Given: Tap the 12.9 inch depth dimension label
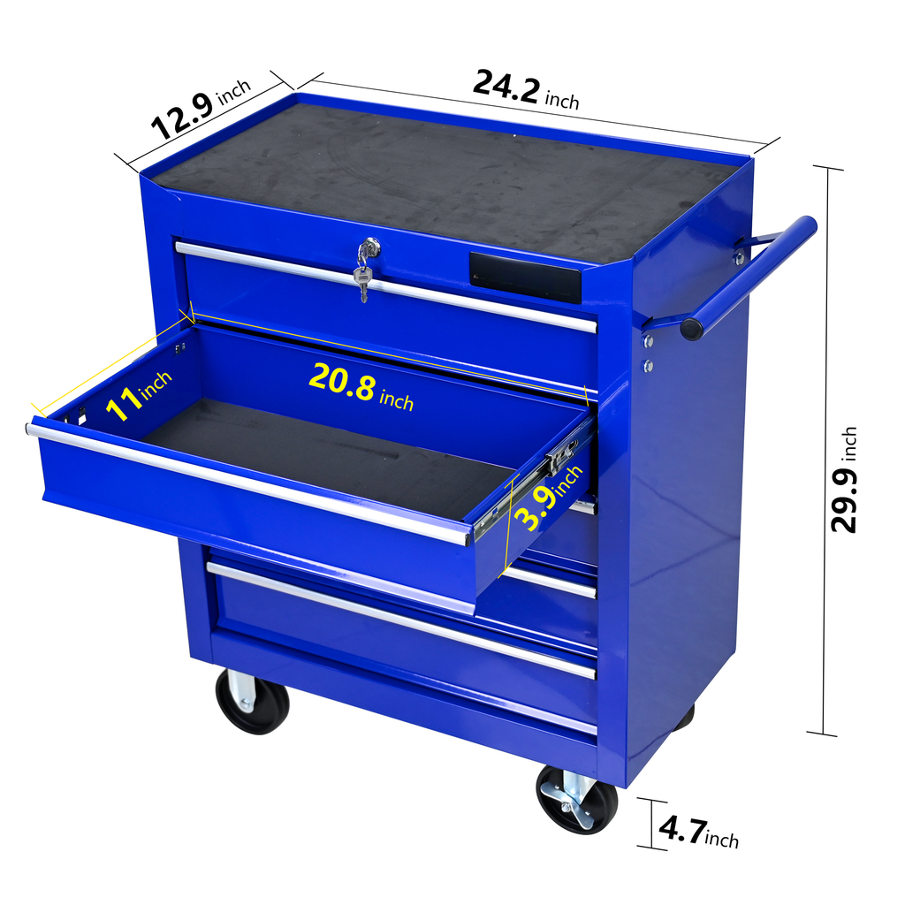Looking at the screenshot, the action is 201,110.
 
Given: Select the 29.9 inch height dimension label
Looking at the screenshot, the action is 844,480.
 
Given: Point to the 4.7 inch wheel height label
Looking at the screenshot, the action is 698,831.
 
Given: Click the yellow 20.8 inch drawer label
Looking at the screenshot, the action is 361,386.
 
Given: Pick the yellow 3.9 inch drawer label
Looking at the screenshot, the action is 547,498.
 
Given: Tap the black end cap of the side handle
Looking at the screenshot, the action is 691,328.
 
